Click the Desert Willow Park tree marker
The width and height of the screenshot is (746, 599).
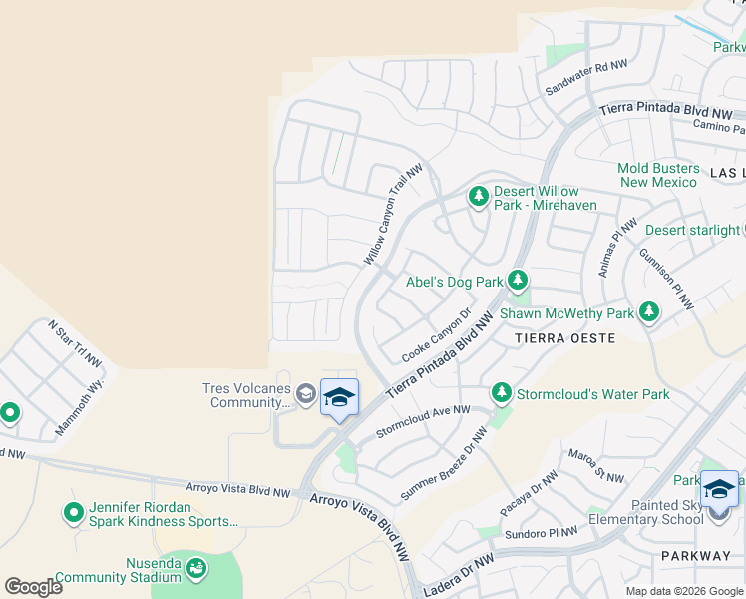coord(479,197)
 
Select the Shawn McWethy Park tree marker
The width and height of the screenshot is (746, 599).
coord(649,312)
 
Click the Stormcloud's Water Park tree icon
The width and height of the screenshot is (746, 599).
coord(501,393)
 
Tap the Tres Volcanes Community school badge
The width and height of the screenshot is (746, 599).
coord(339,399)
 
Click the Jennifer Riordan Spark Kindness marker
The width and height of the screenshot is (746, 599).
coord(73,512)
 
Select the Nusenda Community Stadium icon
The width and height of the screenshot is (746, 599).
coord(197,569)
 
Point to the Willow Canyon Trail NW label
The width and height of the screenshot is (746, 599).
coord(393,216)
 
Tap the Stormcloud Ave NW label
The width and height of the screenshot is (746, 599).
coord(422,421)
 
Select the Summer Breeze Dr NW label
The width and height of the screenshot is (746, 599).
coord(444,465)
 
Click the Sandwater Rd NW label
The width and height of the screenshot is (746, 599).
coord(586,78)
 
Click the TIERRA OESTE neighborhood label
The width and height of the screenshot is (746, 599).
coord(566,338)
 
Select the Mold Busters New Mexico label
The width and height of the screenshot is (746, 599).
coord(659,175)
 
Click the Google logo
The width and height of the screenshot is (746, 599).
coord(33,587)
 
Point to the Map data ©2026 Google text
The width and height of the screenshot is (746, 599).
coord(684,591)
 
